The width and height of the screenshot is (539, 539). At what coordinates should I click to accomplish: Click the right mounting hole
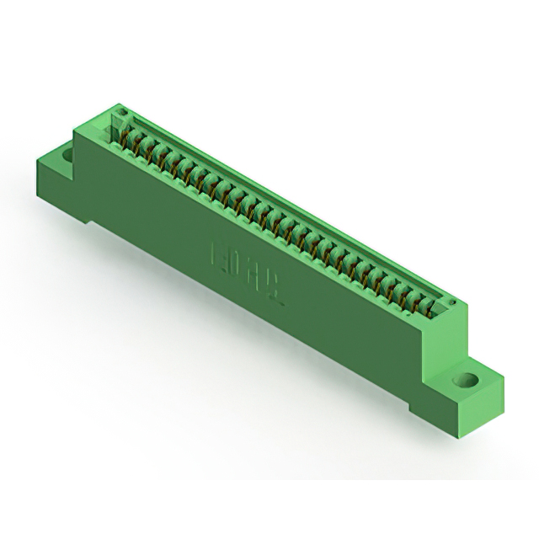pos(462,380)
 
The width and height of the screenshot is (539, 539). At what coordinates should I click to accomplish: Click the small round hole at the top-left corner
pos(120,112)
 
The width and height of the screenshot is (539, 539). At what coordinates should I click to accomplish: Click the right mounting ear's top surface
pos(472,371)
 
